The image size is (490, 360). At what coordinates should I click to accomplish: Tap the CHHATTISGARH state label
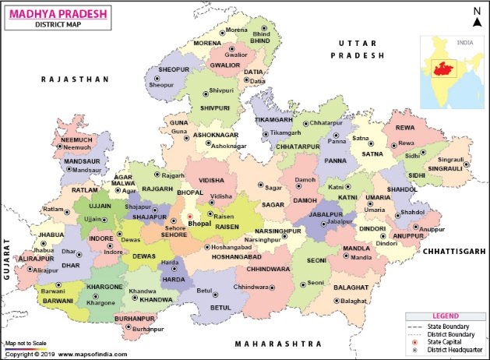pyautogui.click(x=454, y=251)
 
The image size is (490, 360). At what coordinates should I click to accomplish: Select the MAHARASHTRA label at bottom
pyautogui.click(x=279, y=343)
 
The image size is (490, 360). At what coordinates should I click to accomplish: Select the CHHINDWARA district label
pyautogui.click(x=270, y=269)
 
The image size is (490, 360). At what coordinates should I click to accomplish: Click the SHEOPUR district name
pyautogui.click(x=174, y=69)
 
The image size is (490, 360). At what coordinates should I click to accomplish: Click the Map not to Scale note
pyautogui.click(x=26, y=343)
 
